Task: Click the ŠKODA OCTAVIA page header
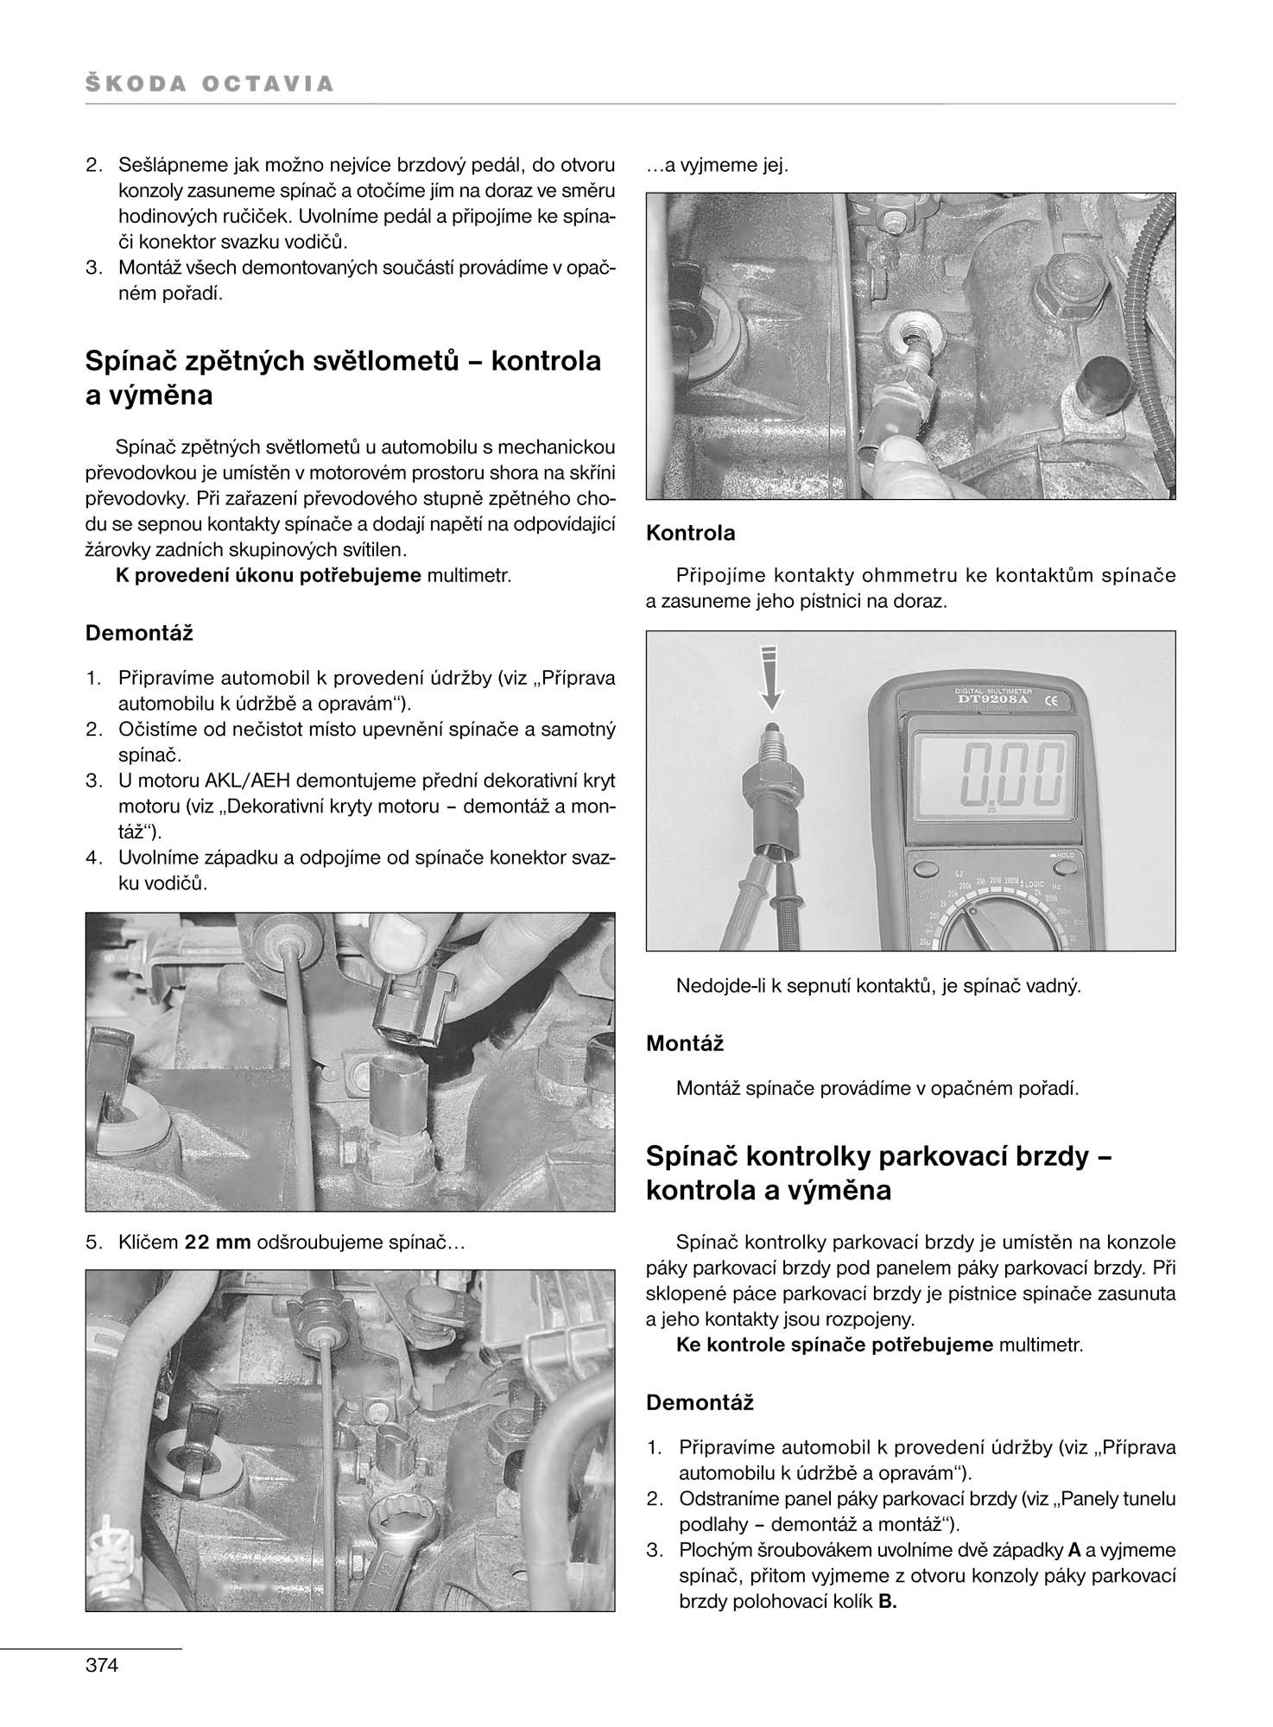210,84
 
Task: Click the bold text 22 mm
218,1243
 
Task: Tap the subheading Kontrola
691,533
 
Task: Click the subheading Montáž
685,1043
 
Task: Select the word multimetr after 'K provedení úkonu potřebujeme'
470,575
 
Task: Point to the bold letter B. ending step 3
887,1602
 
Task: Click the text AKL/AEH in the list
242,781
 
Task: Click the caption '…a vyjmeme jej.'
717,165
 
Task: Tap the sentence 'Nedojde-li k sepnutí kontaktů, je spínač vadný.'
878,985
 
